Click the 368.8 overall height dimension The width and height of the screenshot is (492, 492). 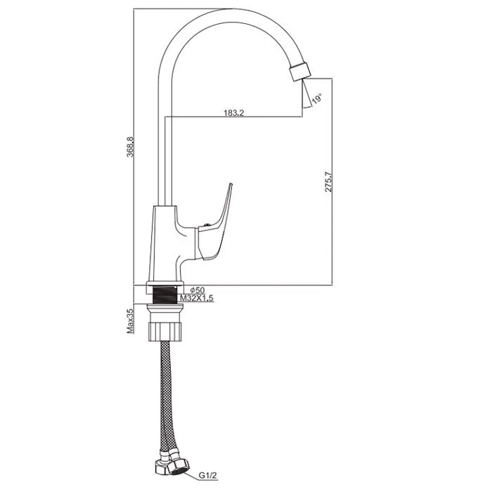pos(130,147)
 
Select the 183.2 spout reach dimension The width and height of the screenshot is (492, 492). pos(234,113)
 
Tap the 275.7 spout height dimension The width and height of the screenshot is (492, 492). pos(328,181)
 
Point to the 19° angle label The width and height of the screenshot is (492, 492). pos(316,98)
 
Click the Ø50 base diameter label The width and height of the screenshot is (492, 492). pos(198,290)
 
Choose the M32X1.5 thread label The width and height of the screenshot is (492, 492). pos(197,298)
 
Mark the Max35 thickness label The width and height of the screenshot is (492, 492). pos(130,321)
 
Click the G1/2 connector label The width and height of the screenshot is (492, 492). pos(208,476)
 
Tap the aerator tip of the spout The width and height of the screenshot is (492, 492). pos(300,72)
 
